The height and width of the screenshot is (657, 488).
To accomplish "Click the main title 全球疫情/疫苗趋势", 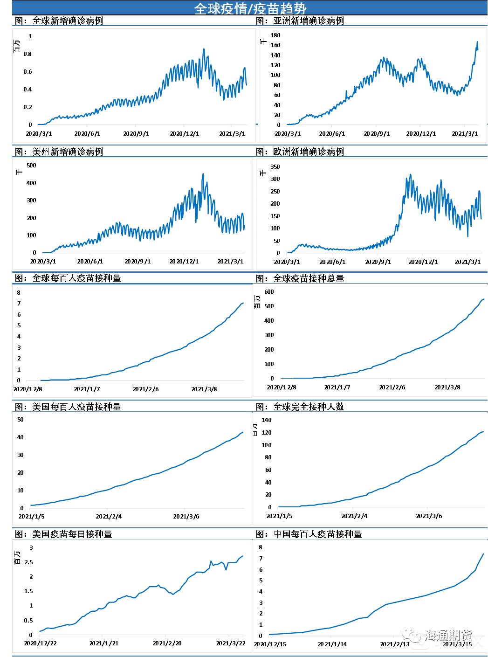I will pos(250,8).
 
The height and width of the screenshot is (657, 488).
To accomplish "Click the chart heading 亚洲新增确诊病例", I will pos(308,21).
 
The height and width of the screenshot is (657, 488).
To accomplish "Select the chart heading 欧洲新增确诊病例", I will pos(308,152).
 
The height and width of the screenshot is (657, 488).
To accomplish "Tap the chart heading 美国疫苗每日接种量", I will pos(72,534).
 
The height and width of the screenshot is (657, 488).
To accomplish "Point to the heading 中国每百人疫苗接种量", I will pos(317,534).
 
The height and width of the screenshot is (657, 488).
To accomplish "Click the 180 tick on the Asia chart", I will pos(275,35).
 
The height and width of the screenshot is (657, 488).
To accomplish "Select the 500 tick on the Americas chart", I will pos(31,166).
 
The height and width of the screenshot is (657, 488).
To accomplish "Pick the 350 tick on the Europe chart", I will pos(275,167).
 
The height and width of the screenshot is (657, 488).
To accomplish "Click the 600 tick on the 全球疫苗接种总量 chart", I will pos(269,292).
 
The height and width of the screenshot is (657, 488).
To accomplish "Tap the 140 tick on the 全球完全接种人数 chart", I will pos(266,420).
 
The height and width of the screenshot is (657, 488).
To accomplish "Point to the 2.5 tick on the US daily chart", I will pos(29,562).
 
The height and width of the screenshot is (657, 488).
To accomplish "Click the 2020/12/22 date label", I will pos(41,643).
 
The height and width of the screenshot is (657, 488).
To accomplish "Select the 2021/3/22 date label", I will pos(231,643).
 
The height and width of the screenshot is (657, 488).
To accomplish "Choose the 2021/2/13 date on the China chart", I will pos(395,644).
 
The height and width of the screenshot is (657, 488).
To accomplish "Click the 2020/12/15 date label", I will pos(270,644).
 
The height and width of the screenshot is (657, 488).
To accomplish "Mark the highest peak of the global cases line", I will pos(204,49).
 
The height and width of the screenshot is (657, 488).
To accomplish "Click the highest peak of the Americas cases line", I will pos(203,174).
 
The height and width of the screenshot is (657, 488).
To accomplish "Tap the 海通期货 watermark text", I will pos(448,635).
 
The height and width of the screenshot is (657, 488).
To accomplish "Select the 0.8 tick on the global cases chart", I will pos(28,54).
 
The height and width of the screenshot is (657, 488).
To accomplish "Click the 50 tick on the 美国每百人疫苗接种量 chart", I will pos(21,420).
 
